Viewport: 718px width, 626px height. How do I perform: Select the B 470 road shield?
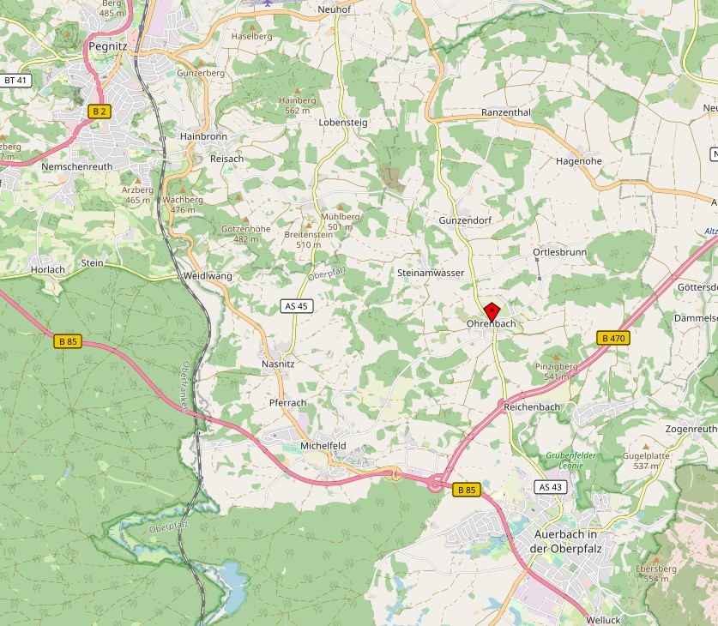click(x=612, y=339)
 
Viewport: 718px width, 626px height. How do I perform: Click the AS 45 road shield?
click(x=294, y=306)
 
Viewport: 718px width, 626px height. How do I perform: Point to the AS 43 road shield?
click(x=551, y=487)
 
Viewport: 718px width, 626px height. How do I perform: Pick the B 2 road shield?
click(x=100, y=111)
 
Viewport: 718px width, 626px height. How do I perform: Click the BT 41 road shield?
click(x=15, y=81)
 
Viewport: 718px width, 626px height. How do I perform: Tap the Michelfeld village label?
click(x=323, y=446)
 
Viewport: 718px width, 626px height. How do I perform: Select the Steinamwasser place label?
click(x=431, y=273)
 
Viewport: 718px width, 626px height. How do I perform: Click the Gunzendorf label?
click(x=465, y=220)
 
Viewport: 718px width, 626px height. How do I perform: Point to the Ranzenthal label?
click(x=506, y=112)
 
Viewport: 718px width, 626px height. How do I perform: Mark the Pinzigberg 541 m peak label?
click(x=556, y=370)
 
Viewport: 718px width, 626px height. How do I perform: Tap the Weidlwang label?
click(x=208, y=276)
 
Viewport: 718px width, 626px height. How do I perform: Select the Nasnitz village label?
click(x=278, y=364)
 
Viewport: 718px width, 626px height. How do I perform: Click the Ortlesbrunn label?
click(x=559, y=252)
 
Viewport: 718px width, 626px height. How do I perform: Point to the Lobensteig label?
click(x=342, y=123)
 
